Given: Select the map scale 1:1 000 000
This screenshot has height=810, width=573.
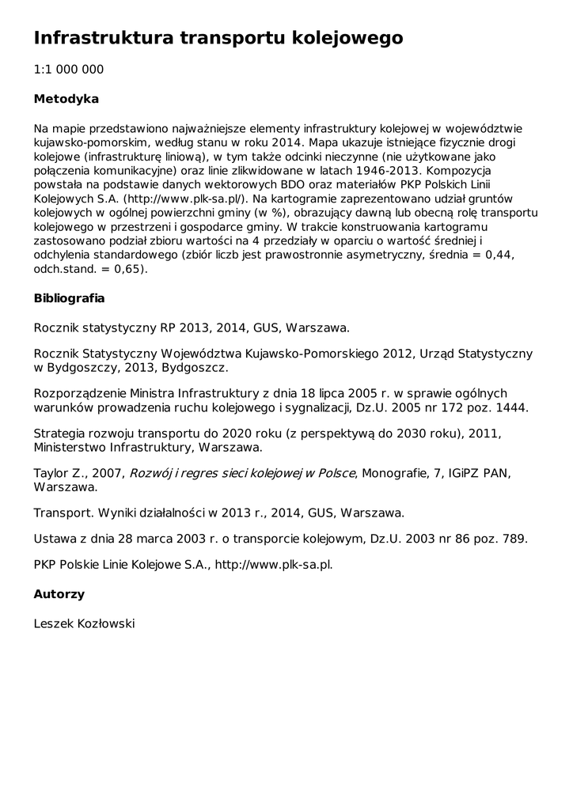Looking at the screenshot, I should pos(69,70).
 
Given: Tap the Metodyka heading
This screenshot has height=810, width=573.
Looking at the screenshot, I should pos(66,100).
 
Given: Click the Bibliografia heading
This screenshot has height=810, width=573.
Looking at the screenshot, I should pos(70,299).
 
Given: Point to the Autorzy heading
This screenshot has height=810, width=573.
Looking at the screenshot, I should pos(59,594).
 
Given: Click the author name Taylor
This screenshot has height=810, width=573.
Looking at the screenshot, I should pos(51,473).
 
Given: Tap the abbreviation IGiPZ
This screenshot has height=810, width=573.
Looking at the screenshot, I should pos(457,473).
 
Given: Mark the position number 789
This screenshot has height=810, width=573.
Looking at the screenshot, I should pos(512,539).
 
